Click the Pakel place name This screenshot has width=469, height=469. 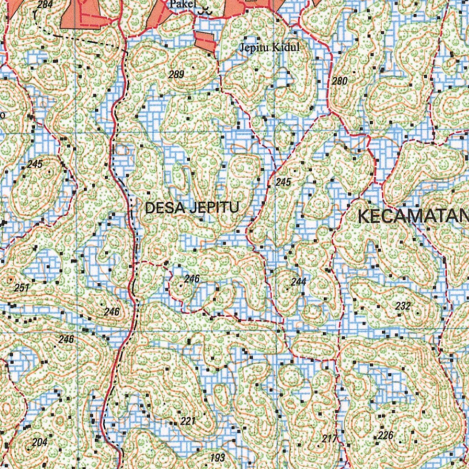[182, 5]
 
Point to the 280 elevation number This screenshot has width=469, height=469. [340, 81]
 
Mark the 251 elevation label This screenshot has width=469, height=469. [22, 288]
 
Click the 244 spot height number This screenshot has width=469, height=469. [298, 281]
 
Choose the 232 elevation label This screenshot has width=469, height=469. [403, 306]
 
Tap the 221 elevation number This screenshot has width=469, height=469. [188, 421]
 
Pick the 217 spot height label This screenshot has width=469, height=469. [329, 438]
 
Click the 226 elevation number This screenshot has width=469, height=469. [386, 435]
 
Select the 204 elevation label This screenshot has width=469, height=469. [40, 442]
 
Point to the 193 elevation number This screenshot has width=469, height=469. [218, 458]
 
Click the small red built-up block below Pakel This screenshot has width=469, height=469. [205, 41]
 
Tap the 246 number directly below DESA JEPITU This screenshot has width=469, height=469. [192, 278]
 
